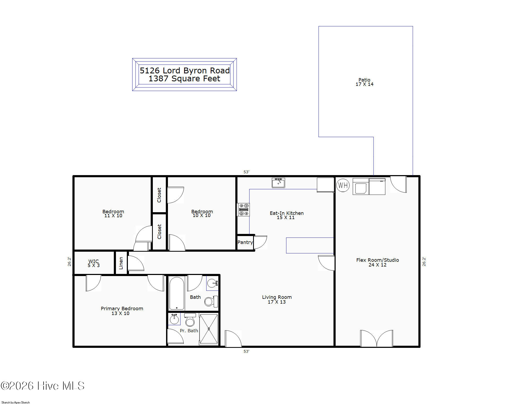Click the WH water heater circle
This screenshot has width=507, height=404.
(343, 185)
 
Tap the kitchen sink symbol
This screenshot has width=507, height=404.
(278, 183)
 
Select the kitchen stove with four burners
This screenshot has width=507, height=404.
(244, 210)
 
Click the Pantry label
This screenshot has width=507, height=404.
(245, 242)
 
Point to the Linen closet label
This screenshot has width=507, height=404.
(121, 263)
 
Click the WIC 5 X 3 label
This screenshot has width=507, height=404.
(94, 263)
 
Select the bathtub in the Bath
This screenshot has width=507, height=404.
(177, 293)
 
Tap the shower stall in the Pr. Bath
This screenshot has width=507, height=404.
(209, 329)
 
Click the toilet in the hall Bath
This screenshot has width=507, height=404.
(211, 301)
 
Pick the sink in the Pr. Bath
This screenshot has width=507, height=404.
(174, 319)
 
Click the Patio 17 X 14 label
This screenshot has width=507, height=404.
(365, 82)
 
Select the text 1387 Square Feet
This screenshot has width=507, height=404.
(184, 79)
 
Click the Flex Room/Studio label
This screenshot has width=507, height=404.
(378, 260)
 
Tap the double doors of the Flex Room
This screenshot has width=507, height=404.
(376, 338)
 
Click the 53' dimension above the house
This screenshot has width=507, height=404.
(246, 172)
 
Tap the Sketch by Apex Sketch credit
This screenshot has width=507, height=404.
(16, 402)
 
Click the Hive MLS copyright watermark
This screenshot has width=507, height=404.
(42, 386)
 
